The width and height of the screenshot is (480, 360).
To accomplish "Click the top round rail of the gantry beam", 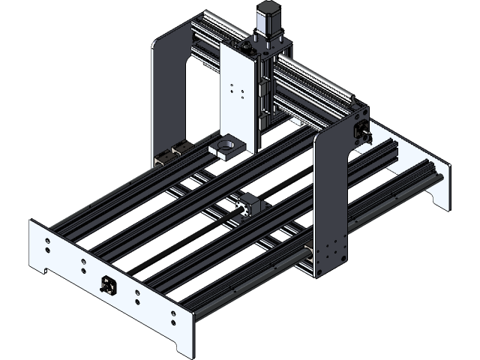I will coord(315,67).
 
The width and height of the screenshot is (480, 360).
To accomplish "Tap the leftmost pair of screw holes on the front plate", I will coord(46,246).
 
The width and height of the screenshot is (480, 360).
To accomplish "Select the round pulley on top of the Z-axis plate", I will coord(247,46).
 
